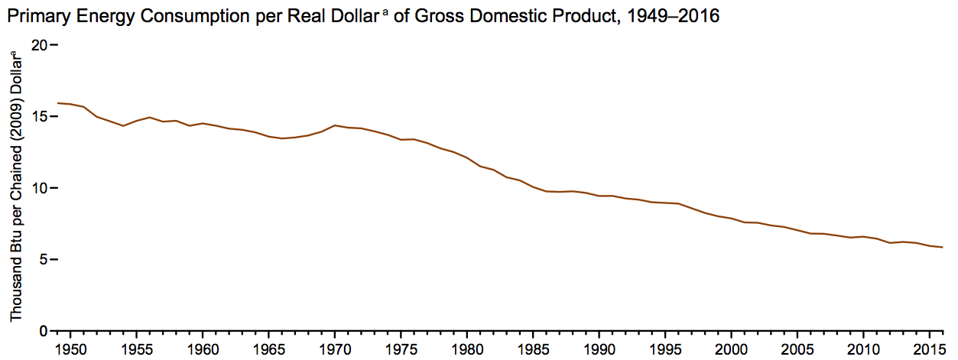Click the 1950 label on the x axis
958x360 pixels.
tap(70, 348)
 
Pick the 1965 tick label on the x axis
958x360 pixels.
tap(268, 348)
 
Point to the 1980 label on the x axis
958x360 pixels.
tap(466, 348)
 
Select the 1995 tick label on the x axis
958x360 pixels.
tap(665, 348)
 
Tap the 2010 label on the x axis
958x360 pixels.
tap(863, 348)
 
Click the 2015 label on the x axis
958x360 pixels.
tap(929, 348)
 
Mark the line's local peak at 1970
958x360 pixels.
tap(335, 125)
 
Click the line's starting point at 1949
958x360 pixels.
tap(57, 103)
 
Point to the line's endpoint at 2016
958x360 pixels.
tap(943, 247)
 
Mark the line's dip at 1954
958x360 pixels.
tap(123, 125)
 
